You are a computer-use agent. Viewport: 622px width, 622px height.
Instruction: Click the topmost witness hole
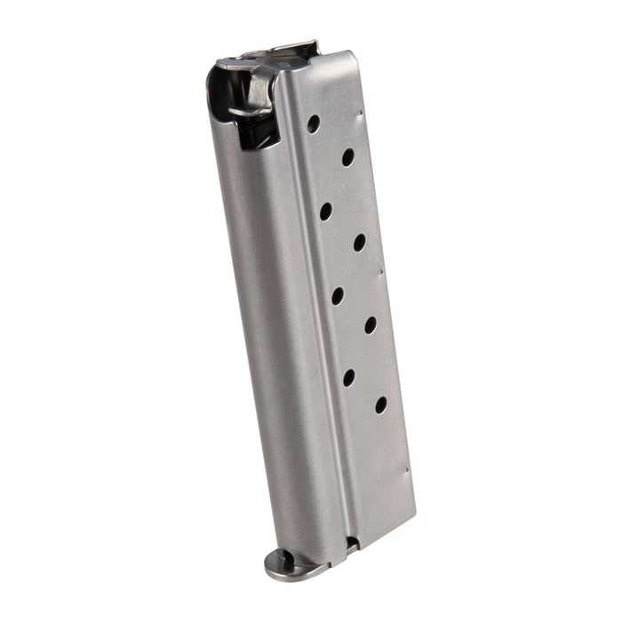[x=314, y=124]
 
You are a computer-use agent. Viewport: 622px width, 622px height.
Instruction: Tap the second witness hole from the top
[x=347, y=157]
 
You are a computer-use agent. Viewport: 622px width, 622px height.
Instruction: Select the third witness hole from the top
[x=326, y=211]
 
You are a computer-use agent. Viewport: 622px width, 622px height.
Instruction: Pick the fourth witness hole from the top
[x=359, y=242]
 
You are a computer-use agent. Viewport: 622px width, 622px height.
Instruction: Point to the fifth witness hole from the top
[x=338, y=295]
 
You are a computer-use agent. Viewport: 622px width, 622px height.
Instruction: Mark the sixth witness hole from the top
[x=371, y=324]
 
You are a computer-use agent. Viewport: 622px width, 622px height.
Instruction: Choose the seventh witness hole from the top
[x=348, y=377]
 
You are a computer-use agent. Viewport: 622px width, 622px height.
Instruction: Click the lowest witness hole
[x=380, y=404]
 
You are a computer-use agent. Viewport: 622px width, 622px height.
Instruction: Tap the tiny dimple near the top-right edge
[x=361, y=113]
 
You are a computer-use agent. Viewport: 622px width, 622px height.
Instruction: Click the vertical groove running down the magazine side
[x=315, y=338]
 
